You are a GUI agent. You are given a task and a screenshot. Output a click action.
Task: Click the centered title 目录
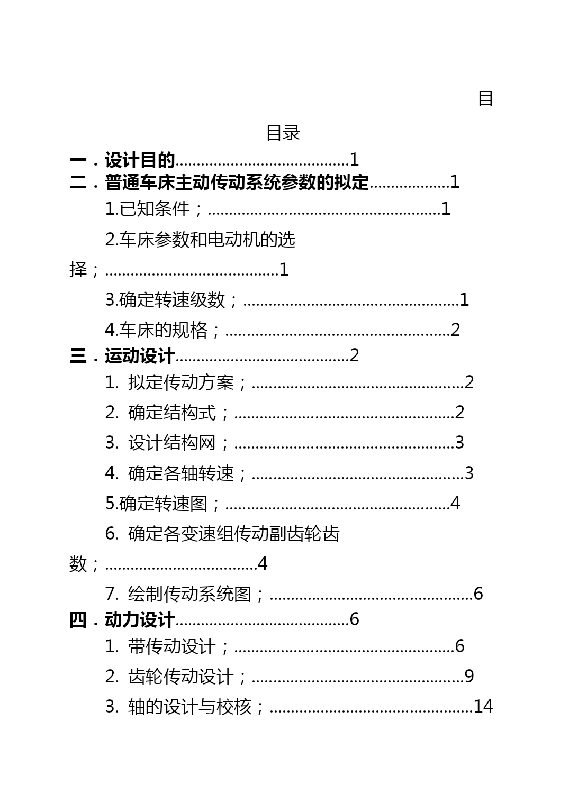click(x=283, y=133)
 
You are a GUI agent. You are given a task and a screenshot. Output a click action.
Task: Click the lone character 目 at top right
click(x=485, y=98)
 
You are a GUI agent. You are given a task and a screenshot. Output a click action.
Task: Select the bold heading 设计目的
click(x=140, y=160)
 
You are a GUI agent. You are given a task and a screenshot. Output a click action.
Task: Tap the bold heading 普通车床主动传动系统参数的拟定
click(x=237, y=182)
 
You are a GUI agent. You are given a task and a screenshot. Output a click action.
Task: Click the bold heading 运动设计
click(x=140, y=356)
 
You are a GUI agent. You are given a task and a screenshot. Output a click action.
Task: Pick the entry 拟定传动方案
click(x=181, y=382)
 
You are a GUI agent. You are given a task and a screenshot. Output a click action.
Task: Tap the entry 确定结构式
click(x=172, y=413)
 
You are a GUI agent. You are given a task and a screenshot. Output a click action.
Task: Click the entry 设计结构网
click(x=172, y=443)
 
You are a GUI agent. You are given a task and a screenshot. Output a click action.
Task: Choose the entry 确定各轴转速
click(x=181, y=473)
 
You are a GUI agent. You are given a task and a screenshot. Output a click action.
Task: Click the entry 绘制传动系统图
click(x=190, y=594)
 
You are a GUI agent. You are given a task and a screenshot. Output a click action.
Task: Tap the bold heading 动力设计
click(x=140, y=620)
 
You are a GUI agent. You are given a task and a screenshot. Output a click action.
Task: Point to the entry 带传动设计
click(x=172, y=646)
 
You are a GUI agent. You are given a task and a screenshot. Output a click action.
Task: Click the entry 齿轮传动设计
click(x=181, y=677)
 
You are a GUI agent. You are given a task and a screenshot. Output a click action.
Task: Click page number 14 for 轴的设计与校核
click(x=483, y=707)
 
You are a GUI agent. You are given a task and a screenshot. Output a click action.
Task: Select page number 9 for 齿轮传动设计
click(x=469, y=676)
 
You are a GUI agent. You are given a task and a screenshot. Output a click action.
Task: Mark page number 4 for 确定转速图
click(x=455, y=503)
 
